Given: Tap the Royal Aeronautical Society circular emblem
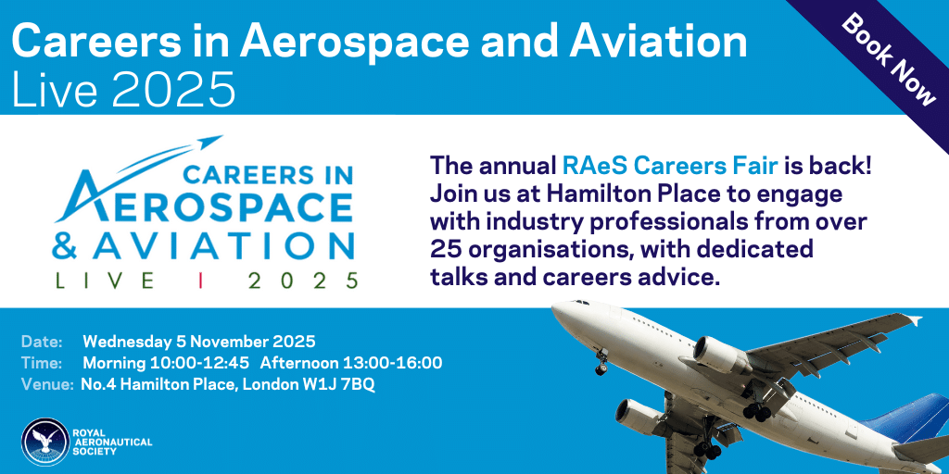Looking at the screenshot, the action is pos(44,442).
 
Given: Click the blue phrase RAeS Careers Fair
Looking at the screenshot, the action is pos(670,166).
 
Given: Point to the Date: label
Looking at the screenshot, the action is pos(43,342).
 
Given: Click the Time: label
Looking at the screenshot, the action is pos(43,363).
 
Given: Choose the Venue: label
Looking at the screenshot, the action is pos(47,385).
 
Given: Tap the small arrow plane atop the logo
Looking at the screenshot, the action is pos(209,142).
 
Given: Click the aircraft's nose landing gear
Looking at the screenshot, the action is pos(601,362).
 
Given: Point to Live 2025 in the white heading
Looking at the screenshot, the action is pos(123,90).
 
